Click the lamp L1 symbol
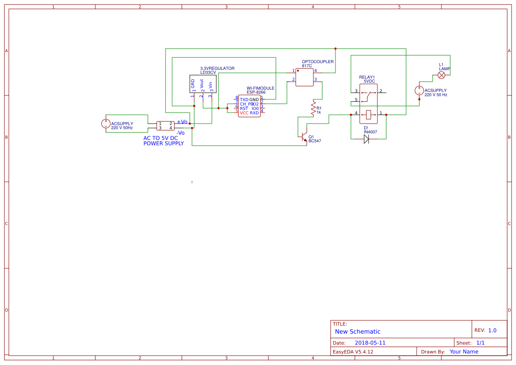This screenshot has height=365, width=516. pyautogui.click(x=441, y=75)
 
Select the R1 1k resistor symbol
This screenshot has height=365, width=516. pyautogui.click(x=313, y=108)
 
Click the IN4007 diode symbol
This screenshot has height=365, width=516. pyautogui.click(x=366, y=139)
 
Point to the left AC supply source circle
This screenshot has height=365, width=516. pyautogui.click(x=106, y=124)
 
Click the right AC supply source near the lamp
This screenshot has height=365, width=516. pyautogui.click(x=419, y=90)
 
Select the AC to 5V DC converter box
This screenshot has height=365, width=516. pyautogui.click(x=166, y=126)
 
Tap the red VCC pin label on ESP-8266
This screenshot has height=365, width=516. pyautogui.click(x=244, y=113)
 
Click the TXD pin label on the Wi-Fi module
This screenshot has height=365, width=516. pyautogui.click(x=244, y=100)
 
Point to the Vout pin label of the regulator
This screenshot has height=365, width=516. pyautogui.click(x=202, y=84)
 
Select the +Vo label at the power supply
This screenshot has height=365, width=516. pyautogui.click(x=182, y=122)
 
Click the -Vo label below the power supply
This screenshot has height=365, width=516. pyautogui.click(x=181, y=132)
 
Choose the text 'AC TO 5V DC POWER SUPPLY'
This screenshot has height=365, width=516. pyautogui.click(x=163, y=141)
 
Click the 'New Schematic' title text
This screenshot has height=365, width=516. pyautogui.click(x=358, y=331)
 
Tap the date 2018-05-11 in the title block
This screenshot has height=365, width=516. pyautogui.click(x=370, y=343)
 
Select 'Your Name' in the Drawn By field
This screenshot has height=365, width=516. pyautogui.click(x=464, y=352)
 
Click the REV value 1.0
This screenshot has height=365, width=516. pyautogui.click(x=492, y=330)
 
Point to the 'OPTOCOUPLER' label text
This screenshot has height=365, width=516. pyautogui.click(x=318, y=62)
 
